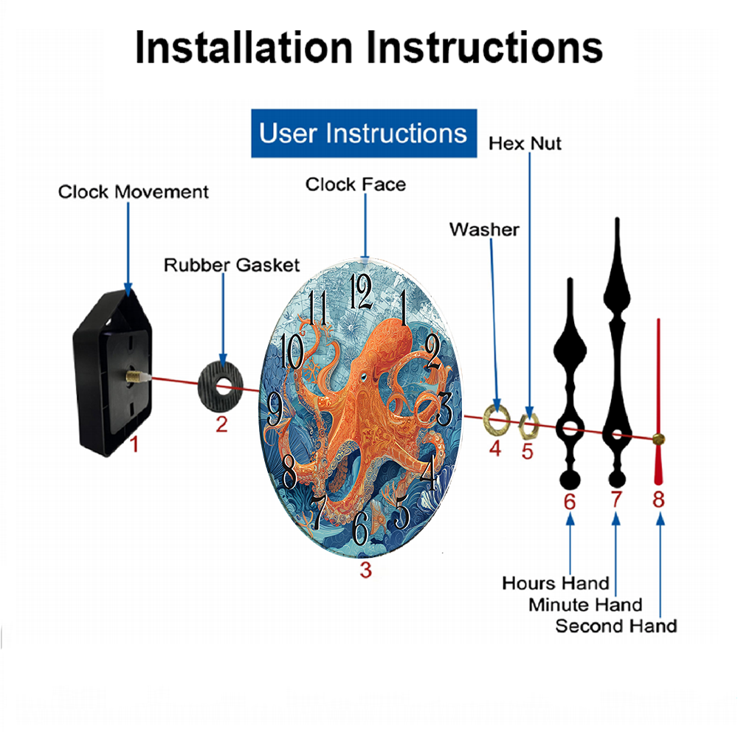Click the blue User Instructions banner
pyautogui.click(x=364, y=133)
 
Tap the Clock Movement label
pyautogui.click(x=133, y=192)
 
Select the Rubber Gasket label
pyautogui.click(x=232, y=265)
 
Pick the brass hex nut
pyautogui.click(x=528, y=425)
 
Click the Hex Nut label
pyautogui.click(x=525, y=144)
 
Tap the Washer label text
pyautogui.click(x=484, y=230)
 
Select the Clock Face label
pyautogui.click(x=356, y=184)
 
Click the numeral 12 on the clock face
pyautogui.click(x=361, y=292)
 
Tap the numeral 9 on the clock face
pyautogui.click(x=275, y=410)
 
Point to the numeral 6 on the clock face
pyautogui.click(x=361, y=528)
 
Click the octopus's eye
pyautogui.click(x=363, y=376)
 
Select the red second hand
pyautogui.click(x=658, y=401)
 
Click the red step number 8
pyautogui.click(x=658, y=500)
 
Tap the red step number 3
pyautogui.click(x=366, y=570)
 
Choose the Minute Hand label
pyautogui.click(x=585, y=605)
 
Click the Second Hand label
pyautogui.click(x=616, y=627)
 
